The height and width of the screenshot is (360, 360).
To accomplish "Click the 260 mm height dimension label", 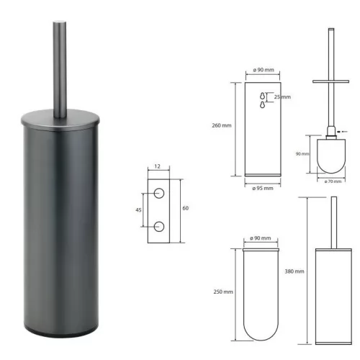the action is [222, 125].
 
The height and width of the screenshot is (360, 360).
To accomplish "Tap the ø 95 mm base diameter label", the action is [263, 189].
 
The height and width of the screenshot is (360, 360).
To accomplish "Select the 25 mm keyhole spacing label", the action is [282, 97].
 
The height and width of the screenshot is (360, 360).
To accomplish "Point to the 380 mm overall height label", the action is [294, 271].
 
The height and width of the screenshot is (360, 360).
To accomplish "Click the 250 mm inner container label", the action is [223, 292].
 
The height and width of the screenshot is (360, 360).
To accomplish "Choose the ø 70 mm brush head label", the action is [333, 181].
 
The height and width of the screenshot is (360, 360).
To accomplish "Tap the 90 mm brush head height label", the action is [302, 154].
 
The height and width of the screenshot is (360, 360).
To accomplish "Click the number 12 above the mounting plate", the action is [157, 166].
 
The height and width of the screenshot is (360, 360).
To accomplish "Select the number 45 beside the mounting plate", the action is [138, 210].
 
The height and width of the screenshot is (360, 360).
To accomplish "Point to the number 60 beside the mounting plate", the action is [186, 208].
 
